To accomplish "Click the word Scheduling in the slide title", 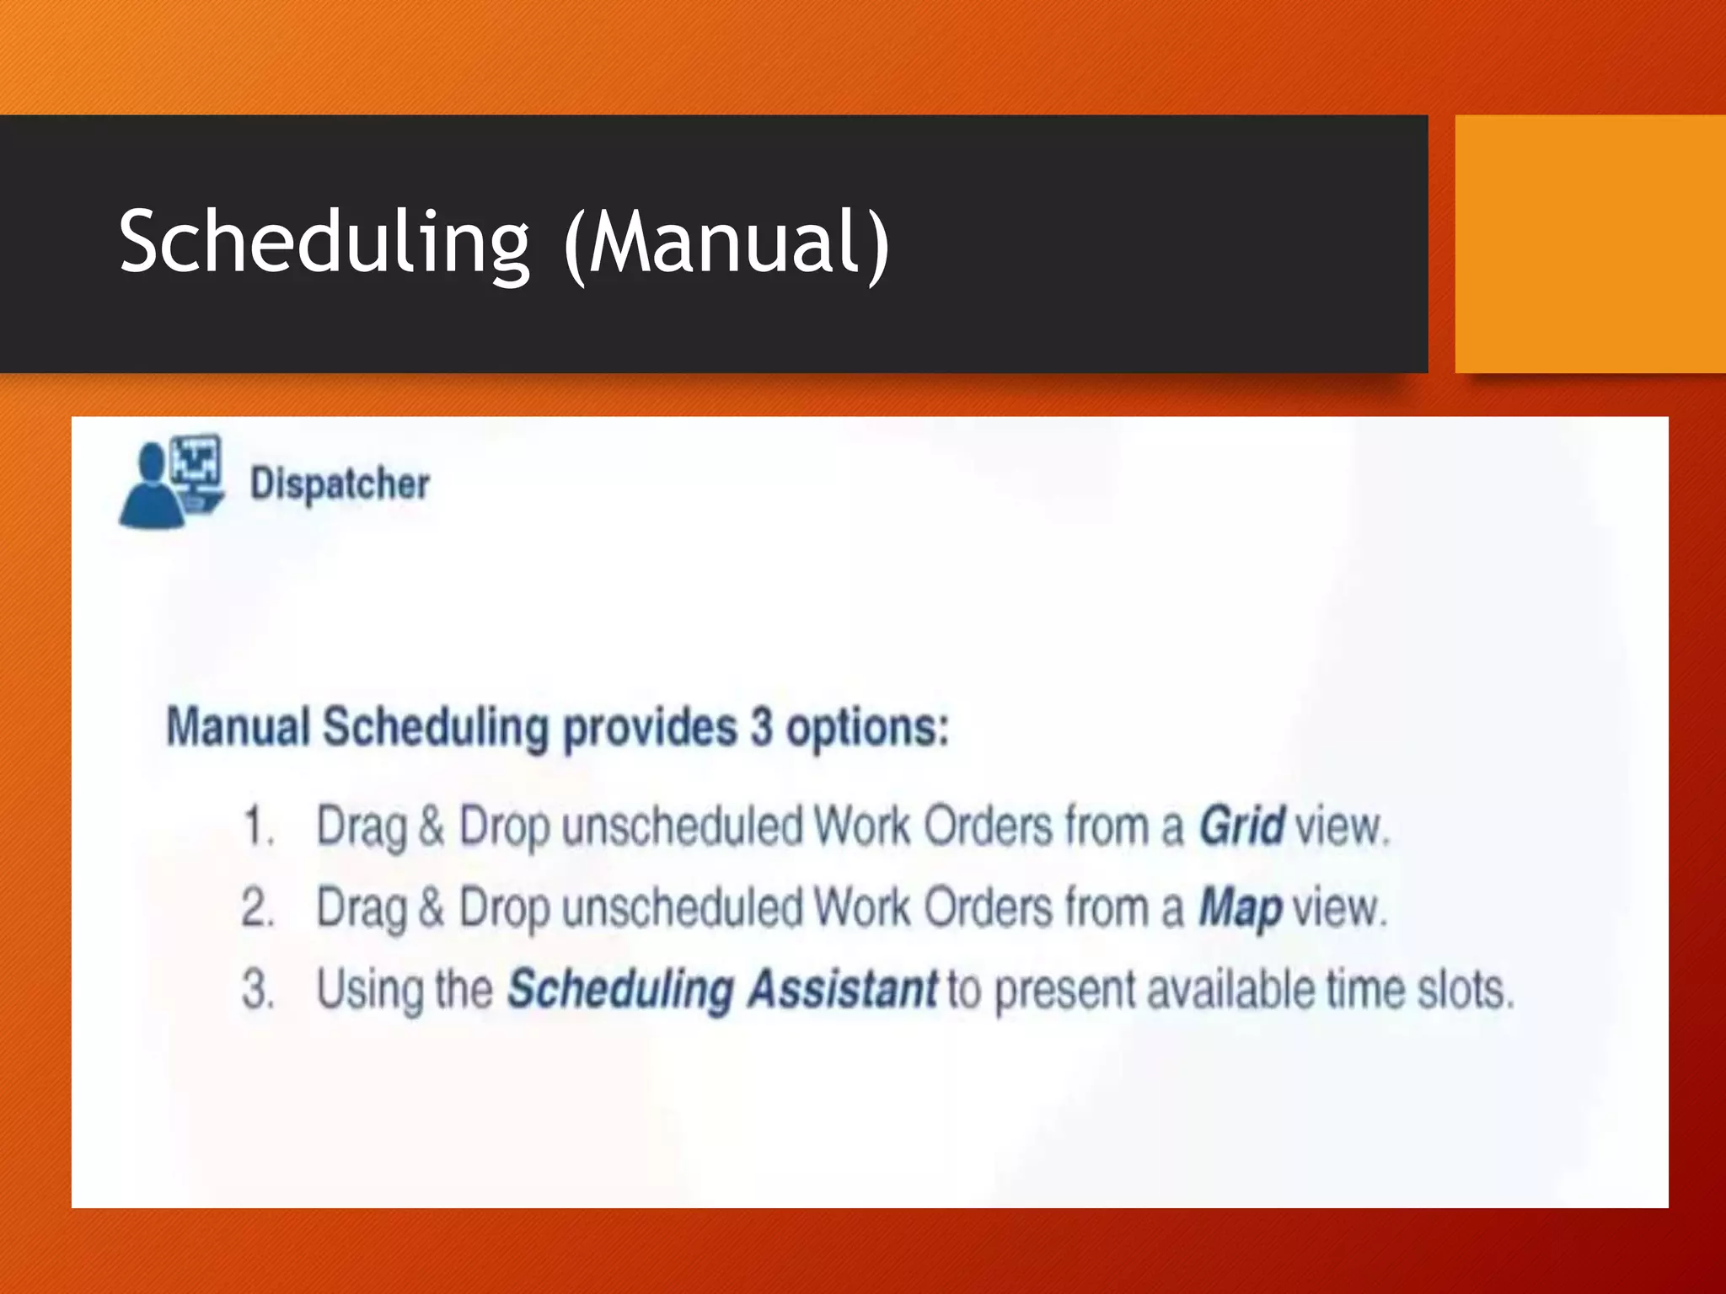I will click(x=324, y=243).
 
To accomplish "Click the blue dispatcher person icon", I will click(x=171, y=482).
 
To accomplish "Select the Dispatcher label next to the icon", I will click(x=340, y=484).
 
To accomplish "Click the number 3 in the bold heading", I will click(x=761, y=727).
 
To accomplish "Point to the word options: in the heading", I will click(x=867, y=729).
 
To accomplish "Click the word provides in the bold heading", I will click(x=650, y=729).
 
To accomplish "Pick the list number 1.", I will click(x=257, y=826).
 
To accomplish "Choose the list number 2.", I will click(x=257, y=908).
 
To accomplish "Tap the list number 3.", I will click(x=257, y=989).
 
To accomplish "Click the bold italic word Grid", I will click(x=1241, y=826).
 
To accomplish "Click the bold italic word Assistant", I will click(x=842, y=989).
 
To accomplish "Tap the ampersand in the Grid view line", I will click(x=431, y=826).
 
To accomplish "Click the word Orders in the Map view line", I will click(x=988, y=908).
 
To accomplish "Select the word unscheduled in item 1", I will click(x=682, y=826).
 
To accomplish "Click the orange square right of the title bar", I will click(x=1589, y=243).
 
